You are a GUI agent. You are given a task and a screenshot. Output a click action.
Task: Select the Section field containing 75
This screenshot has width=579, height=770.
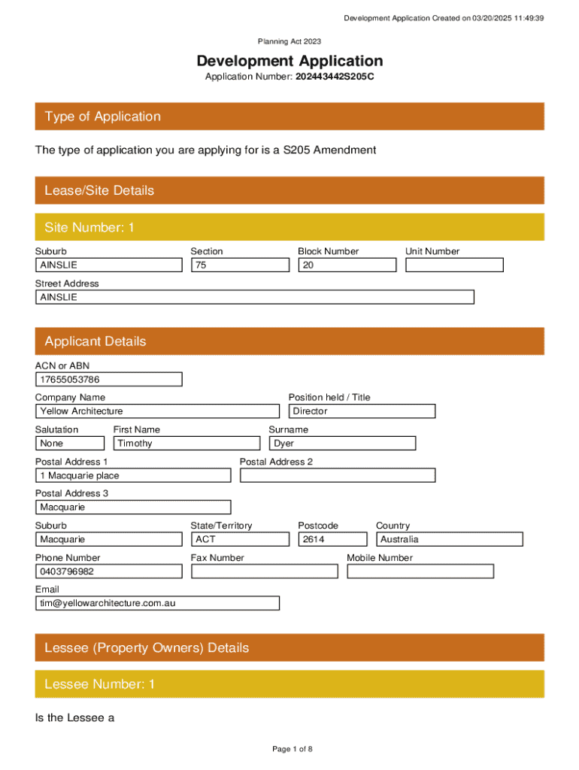pos(240,265)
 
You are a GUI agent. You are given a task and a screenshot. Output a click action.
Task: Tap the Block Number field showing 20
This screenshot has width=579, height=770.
pos(347,265)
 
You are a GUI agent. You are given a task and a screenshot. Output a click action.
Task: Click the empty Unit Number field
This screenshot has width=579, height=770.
pos(454,265)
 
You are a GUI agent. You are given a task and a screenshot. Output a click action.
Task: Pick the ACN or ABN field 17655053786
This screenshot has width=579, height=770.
pos(108,379)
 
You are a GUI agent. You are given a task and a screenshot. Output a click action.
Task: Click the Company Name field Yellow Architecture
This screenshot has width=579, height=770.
pos(157,411)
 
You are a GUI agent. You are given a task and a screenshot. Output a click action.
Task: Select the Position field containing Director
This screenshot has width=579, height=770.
pos(362,411)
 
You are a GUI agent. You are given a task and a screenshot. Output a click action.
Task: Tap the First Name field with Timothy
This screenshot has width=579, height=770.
pos(186,444)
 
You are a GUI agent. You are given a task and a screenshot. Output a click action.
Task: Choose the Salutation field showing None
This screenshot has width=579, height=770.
pos(67,444)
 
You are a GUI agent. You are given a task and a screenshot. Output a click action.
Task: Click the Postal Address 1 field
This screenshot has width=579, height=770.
pos(133,475)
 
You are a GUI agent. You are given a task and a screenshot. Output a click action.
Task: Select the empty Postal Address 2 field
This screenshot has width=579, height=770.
pos(337,475)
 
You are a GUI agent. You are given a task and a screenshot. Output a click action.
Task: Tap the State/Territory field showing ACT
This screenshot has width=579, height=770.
pos(240,539)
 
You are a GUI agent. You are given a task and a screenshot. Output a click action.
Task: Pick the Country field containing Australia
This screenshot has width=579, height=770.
pos(449,539)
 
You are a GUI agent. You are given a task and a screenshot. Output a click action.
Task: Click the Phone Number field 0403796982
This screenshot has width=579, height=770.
pos(108,571)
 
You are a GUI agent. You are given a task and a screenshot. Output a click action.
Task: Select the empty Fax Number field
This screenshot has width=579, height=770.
pos(264,571)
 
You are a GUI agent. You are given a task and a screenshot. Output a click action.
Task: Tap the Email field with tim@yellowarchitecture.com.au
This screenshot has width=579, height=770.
pos(157,603)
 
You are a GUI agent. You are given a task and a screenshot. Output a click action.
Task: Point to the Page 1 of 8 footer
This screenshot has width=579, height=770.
pos(292,749)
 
